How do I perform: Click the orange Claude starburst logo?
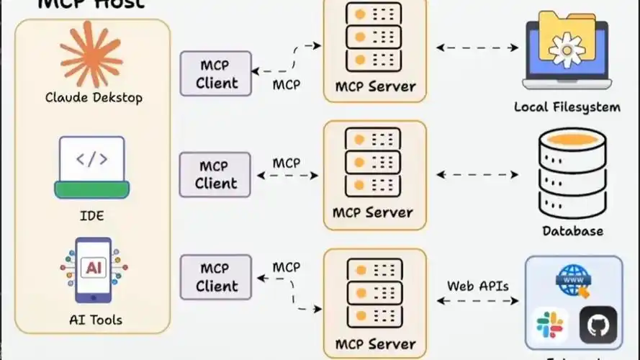[x=91, y=54]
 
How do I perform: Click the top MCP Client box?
[x=215, y=74]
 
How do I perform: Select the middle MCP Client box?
[x=215, y=175]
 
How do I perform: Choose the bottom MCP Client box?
[x=215, y=277]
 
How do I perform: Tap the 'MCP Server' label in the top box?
[x=375, y=86]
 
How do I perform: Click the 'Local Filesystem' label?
[x=567, y=107]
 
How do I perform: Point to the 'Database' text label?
[x=572, y=231]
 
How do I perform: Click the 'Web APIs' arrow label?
[x=478, y=286]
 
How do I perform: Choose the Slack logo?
[x=551, y=326]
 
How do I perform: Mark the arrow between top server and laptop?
[x=477, y=48]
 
